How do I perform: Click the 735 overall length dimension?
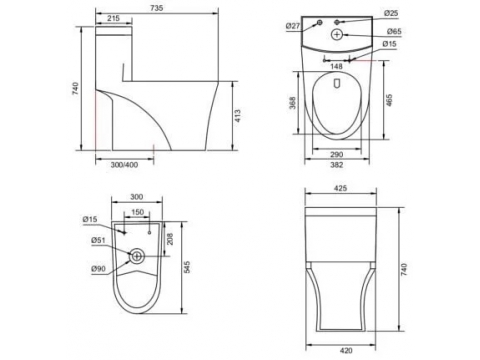[x=156, y=8]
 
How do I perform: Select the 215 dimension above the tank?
[x=114, y=18]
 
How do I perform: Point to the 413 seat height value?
[x=237, y=116]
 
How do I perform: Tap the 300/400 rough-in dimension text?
[x=124, y=165]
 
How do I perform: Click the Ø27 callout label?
[x=293, y=26]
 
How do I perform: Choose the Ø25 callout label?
[x=391, y=13]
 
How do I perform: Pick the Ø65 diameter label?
[x=394, y=32]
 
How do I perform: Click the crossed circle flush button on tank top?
[x=337, y=34]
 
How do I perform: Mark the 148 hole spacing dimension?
[x=336, y=66]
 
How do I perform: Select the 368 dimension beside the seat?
[x=292, y=103]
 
